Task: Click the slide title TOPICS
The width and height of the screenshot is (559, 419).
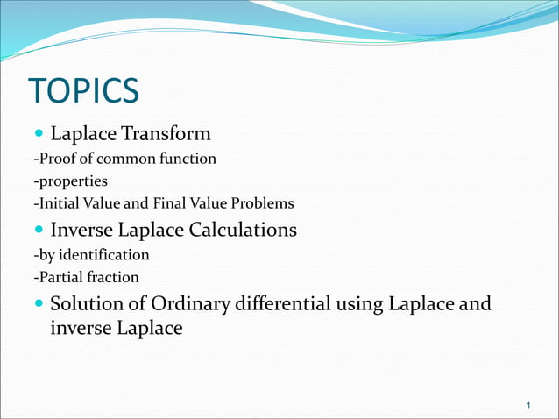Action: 84,91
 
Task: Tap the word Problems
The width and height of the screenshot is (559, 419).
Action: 259,203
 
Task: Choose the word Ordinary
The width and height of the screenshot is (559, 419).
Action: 189,305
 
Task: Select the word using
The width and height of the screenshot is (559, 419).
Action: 360,306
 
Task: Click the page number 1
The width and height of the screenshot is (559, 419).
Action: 529,406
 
